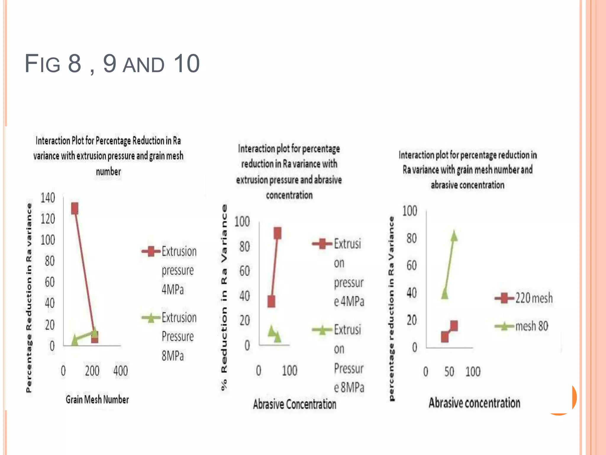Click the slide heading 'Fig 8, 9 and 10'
click(112, 63)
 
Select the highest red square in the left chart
click(75, 209)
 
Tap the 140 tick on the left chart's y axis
click(48, 198)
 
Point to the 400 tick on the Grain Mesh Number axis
click(121, 371)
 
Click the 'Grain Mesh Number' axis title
click(97, 400)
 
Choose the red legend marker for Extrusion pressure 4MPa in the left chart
click(151, 251)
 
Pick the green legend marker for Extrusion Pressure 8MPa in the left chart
click(151, 318)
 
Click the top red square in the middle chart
click(278, 233)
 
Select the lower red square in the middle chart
click(271, 302)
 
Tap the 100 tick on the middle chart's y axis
click(242, 222)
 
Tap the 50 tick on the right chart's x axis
click(449, 372)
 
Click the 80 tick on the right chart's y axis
click(411, 238)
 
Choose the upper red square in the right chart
click(454, 326)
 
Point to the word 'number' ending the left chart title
click(108, 172)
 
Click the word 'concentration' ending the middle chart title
click(289, 195)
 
